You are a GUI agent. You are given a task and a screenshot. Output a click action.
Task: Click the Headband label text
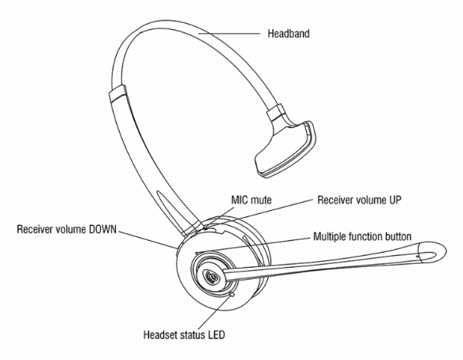pyautogui.click(x=289, y=33)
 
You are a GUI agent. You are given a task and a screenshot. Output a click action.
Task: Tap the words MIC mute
pyautogui.click(x=252, y=200)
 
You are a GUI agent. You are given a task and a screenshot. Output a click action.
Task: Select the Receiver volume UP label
pyautogui.click(x=360, y=200)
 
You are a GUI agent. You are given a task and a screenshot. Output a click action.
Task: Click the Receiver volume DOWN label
pyautogui.click(x=67, y=230)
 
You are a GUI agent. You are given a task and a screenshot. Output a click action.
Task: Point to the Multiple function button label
pyautogui.click(x=362, y=237)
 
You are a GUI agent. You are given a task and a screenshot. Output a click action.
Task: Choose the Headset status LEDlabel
pyautogui.click(x=185, y=335)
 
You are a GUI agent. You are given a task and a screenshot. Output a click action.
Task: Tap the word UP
pyautogui.click(x=394, y=200)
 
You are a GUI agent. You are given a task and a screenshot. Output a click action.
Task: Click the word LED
pyautogui.click(x=217, y=335)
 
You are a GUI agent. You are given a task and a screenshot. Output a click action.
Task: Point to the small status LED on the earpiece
pyautogui.click(x=232, y=294)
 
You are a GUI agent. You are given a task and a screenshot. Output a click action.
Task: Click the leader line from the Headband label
pyautogui.click(x=229, y=34)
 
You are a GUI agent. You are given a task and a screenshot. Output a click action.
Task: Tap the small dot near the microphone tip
pyautogui.click(x=417, y=257)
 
